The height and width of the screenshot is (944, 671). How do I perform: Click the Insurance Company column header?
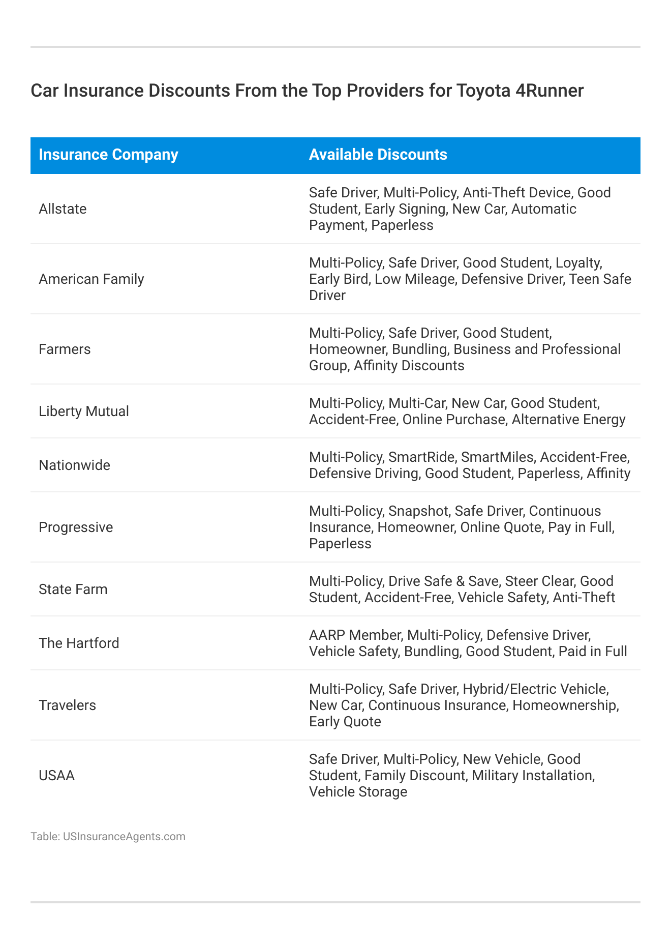coord(108,155)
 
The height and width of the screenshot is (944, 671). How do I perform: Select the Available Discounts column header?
coord(378,155)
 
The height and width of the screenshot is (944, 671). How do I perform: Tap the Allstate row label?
coord(63,209)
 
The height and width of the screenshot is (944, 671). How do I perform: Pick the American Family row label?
coord(91,279)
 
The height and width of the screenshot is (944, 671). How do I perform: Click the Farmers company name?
coord(65,349)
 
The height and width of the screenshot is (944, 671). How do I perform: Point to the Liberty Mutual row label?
coord(84,411)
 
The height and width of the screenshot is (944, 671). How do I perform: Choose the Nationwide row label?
coord(74,465)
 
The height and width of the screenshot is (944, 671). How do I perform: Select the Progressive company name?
coord(76,527)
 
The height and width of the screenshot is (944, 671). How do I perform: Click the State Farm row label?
coord(73,589)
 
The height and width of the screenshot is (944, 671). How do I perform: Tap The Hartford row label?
coord(79,643)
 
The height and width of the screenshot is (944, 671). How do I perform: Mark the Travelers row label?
coord(67,705)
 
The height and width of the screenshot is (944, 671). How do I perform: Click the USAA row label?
coord(56,775)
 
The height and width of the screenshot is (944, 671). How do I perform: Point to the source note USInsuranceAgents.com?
coord(124,836)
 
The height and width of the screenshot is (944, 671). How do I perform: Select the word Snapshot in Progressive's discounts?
coord(418,511)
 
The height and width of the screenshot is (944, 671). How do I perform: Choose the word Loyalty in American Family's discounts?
coord(578,262)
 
